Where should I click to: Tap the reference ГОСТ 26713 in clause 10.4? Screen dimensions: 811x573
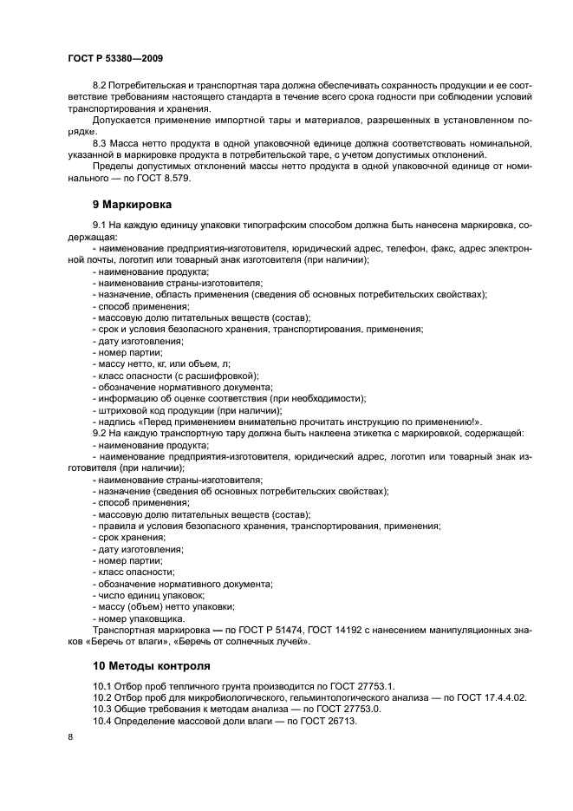(x=329, y=721)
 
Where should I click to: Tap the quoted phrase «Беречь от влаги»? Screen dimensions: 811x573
(x=124, y=641)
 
